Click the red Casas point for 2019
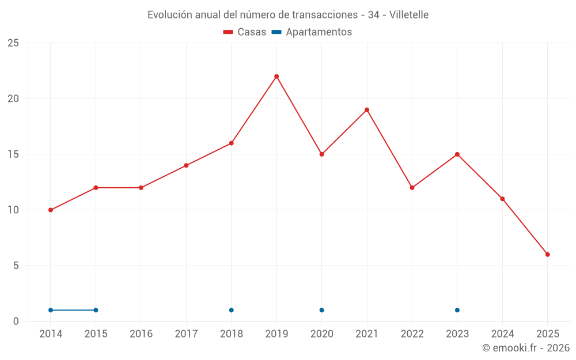pyautogui.click(x=276, y=77)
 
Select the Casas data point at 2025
pyautogui.click(x=548, y=255)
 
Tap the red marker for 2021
pyautogui.click(x=367, y=110)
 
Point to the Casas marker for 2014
pyautogui.click(x=51, y=210)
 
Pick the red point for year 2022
pyautogui.click(x=412, y=188)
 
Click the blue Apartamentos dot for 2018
pyautogui.click(x=232, y=310)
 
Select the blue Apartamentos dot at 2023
pyautogui.click(x=457, y=310)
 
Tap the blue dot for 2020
pyautogui.click(x=321, y=310)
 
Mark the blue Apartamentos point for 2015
pyautogui.click(x=96, y=310)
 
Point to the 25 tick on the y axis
pyautogui.click(x=13, y=43)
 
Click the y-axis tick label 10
pyautogui.click(x=13, y=210)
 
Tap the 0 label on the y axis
pyautogui.click(x=16, y=321)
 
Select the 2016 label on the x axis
pyautogui.click(x=141, y=334)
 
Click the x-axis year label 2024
pyautogui.click(x=502, y=334)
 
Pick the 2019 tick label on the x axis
pyautogui.click(x=276, y=334)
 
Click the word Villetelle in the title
pyautogui.click(x=409, y=15)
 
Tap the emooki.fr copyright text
pyautogui.click(x=525, y=348)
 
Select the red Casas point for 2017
pyautogui.click(x=186, y=165)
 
